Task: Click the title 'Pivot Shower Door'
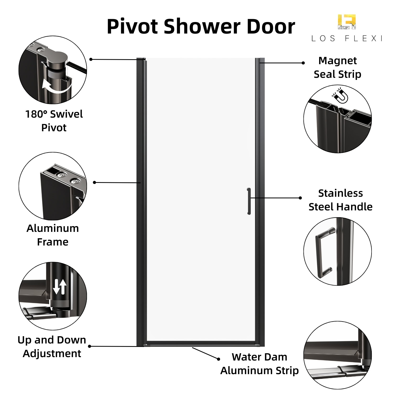[201, 27]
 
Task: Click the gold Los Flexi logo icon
[347, 22]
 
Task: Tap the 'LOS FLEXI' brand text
[347, 39]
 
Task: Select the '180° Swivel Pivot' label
[54, 121]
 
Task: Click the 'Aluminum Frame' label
[53, 235]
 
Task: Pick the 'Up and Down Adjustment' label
[52, 347]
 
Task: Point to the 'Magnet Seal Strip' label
[337, 67]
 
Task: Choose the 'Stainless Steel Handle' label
[340, 200]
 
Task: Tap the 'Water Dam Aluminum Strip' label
[259, 364]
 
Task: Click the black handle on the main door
[249, 201]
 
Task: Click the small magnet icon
[340, 95]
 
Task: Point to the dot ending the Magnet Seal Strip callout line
[303, 63]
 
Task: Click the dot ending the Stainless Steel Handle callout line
[300, 198]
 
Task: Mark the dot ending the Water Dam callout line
[219, 359]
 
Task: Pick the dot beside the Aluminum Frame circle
[95, 182]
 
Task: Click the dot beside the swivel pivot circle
[91, 59]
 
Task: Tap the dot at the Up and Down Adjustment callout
[90, 346]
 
